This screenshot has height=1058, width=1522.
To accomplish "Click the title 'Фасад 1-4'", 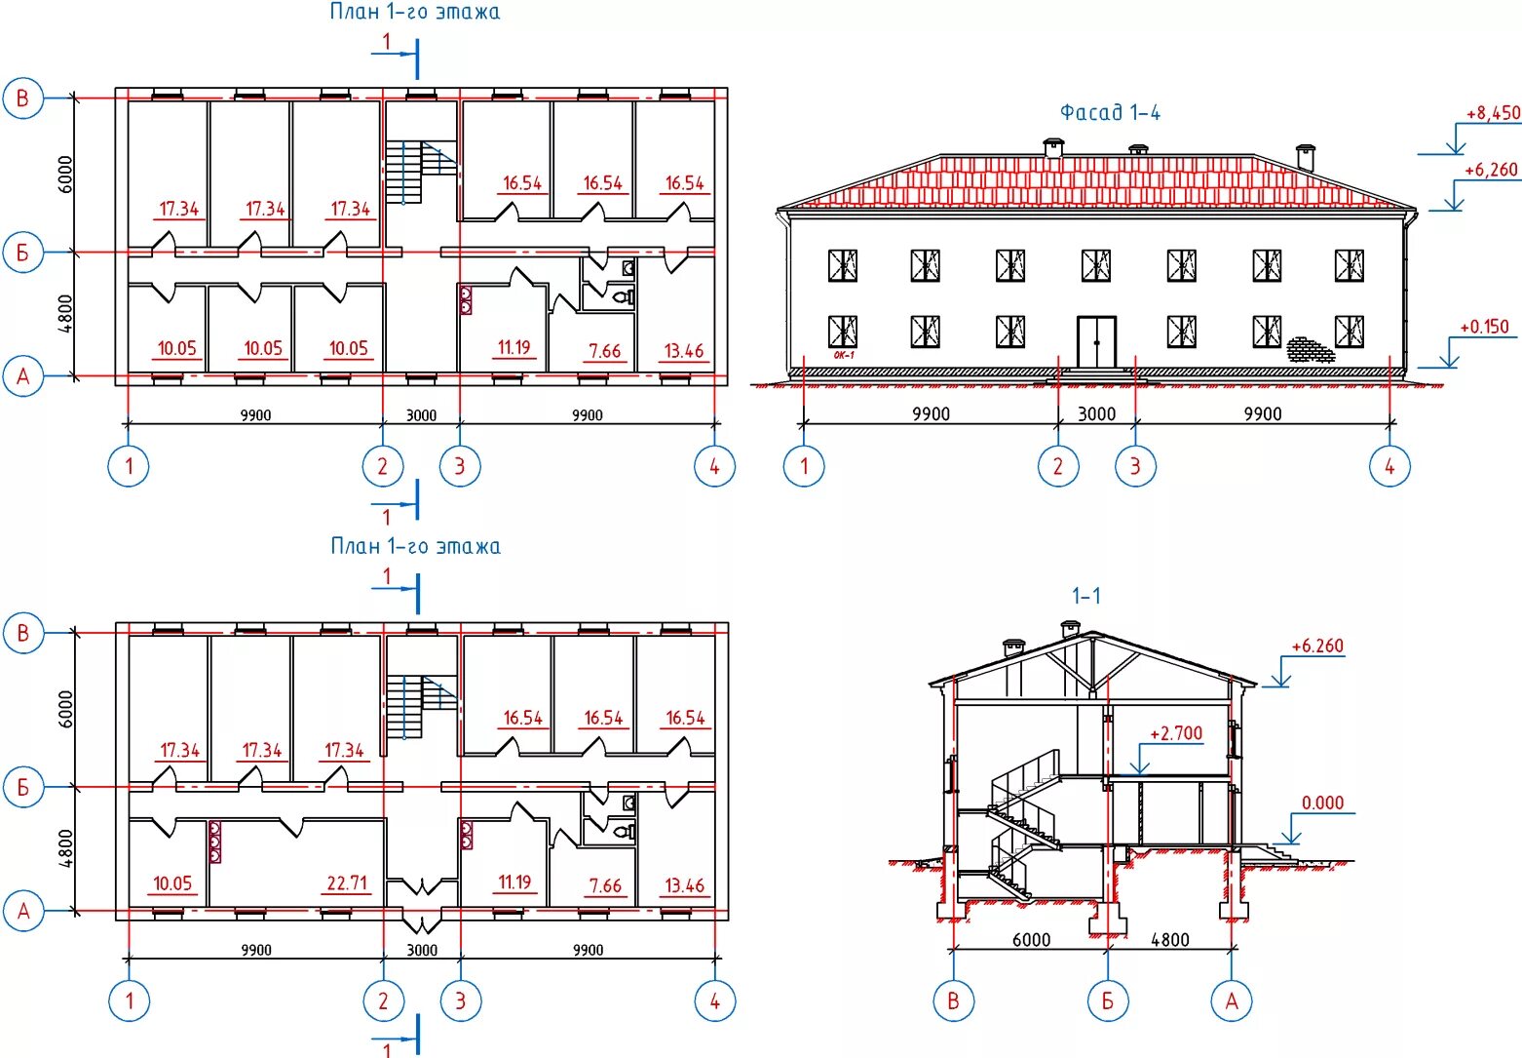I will (x=1110, y=113).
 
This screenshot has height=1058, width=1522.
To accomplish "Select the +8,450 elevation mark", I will (x=1492, y=113).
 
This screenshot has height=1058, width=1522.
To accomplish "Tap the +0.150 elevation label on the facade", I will (x=1483, y=327).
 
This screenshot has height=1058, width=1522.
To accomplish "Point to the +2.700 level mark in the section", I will (x=1176, y=733).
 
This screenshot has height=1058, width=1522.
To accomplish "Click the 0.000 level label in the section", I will (x=1322, y=803).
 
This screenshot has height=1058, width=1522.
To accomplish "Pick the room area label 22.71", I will (x=347, y=883).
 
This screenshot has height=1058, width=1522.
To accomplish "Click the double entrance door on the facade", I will (x=1096, y=341).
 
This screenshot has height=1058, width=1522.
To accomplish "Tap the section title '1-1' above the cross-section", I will (x=1086, y=596).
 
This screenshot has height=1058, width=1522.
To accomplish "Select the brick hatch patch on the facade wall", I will (x=1309, y=349).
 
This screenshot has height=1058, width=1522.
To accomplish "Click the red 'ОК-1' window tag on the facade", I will (x=843, y=355).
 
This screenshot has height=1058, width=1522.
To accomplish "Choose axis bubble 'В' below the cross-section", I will (x=953, y=1000).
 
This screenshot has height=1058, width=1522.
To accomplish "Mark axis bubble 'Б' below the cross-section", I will (x=1108, y=1000).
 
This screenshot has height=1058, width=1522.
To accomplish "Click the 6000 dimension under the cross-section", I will (x=1031, y=939).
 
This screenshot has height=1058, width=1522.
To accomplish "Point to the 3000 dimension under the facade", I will (x=1096, y=413).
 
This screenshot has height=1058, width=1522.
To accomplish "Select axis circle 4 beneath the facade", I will (x=1389, y=466).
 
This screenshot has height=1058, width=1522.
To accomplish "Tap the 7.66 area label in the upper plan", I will (x=604, y=351).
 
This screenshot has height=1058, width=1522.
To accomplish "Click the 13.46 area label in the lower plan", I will (x=684, y=885).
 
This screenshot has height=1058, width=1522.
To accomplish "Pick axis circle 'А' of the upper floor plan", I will (x=23, y=376).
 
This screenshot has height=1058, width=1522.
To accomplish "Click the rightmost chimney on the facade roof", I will (x=1305, y=156).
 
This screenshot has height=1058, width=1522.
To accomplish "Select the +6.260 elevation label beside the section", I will (x=1316, y=646).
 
